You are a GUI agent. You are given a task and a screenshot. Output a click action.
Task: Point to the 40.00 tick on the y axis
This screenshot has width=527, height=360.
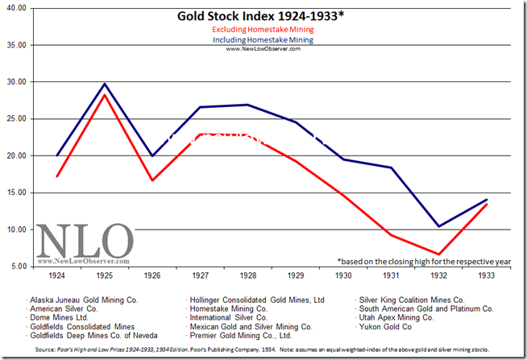pyautogui.click(x=15, y=7)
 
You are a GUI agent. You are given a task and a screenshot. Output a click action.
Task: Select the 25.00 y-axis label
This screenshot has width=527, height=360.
pyautogui.click(x=15, y=118)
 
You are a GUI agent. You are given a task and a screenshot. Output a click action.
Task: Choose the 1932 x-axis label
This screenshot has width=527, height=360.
pyautogui.click(x=438, y=276)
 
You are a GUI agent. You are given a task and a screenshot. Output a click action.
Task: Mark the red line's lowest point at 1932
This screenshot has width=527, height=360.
pyautogui.click(x=438, y=254)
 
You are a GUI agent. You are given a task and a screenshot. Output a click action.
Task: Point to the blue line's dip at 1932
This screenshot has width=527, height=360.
pyautogui.click(x=438, y=226)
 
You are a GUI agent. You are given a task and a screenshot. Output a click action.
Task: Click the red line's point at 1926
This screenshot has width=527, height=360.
pyautogui.click(x=152, y=180)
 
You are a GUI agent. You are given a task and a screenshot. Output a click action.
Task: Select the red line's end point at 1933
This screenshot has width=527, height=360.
pyautogui.click(x=485, y=205)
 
